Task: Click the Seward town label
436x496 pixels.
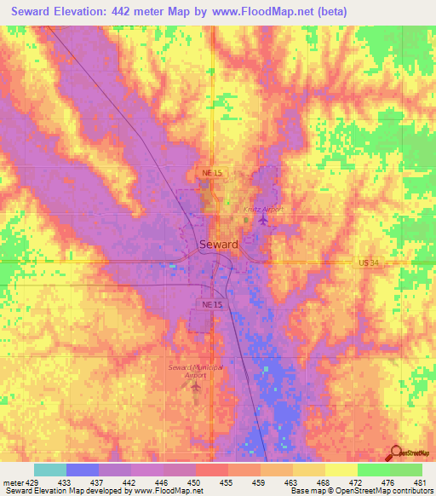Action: tap(218, 244)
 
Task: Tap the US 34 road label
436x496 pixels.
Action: tap(368, 264)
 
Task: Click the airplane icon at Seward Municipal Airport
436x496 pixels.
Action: tap(197, 389)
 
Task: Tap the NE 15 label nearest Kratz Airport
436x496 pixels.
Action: tap(212, 173)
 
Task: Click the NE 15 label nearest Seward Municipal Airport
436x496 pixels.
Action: tap(212, 303)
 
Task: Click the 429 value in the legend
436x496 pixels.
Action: tap(32, 482)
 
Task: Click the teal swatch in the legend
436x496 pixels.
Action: tap(50, 470)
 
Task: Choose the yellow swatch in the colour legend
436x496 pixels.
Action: tap(341, 470)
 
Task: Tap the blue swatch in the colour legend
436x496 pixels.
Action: tap(83, 470)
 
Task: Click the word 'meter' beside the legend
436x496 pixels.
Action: tap(12, 482)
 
